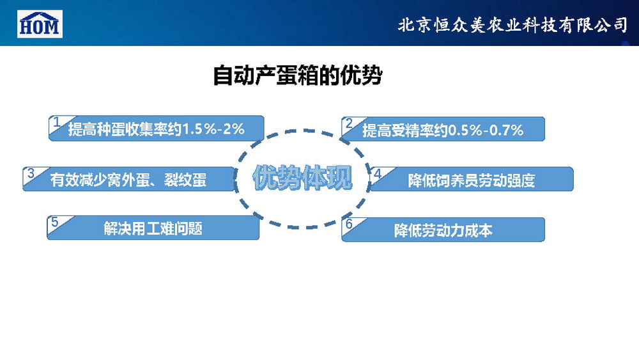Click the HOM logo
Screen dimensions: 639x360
(x=40, y=24)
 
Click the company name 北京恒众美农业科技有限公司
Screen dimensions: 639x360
(x=512, y=26)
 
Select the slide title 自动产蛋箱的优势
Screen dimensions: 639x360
(x=298, y=75)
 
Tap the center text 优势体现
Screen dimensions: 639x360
(x=302, y=178)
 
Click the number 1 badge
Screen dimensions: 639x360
(x=57, y=121)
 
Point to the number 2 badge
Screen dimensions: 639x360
(x=349, y=123)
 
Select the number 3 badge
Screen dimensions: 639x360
(x=31, y=173)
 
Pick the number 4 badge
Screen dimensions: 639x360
(x=378, y=173)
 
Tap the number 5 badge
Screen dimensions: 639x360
(x=55, y=222)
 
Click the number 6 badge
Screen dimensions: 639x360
(x=349, y=224)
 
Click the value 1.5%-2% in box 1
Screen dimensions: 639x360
(x=213, y=129)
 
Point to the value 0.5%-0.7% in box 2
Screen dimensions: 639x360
(x=486, y=130)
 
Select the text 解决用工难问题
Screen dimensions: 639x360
(x=153, y=229)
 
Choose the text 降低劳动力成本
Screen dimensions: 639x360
(x=443, y=231)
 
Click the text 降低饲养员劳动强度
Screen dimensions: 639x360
(x=472, y=180)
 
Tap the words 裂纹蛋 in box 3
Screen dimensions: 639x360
(x=185, y=180)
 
